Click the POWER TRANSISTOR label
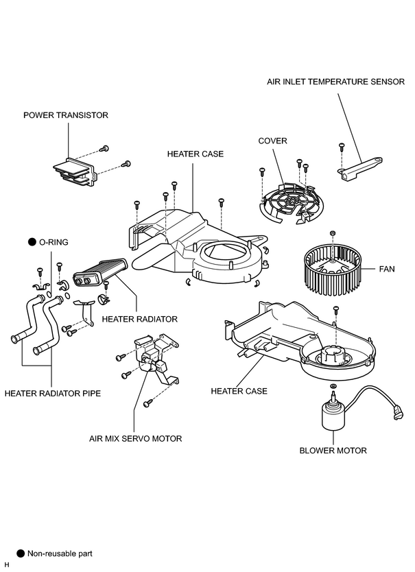click(x=66, y=115)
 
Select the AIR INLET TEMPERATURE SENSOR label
click(x=336, y=82)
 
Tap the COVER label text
click(x=272, y=141)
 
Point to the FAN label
click(x=387, y=270)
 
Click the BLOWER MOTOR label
click(x=333, y=451)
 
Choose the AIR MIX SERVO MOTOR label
click(x=135, y=438)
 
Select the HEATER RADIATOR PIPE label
click(x=53, y=394)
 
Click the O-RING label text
click(x=54, y=242)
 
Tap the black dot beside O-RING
click(x=32, y=242)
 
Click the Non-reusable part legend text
click(x=60, y=553)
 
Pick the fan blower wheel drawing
click(x=332, y=270)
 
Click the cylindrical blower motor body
click(x=333, y=416)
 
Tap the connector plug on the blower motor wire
click(x=398, y=414)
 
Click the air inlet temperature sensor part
click(x=359, y=168)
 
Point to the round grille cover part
click(x=292, y=202)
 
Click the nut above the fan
click(x=332, y=233)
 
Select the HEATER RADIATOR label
click(x=140, y=319)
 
